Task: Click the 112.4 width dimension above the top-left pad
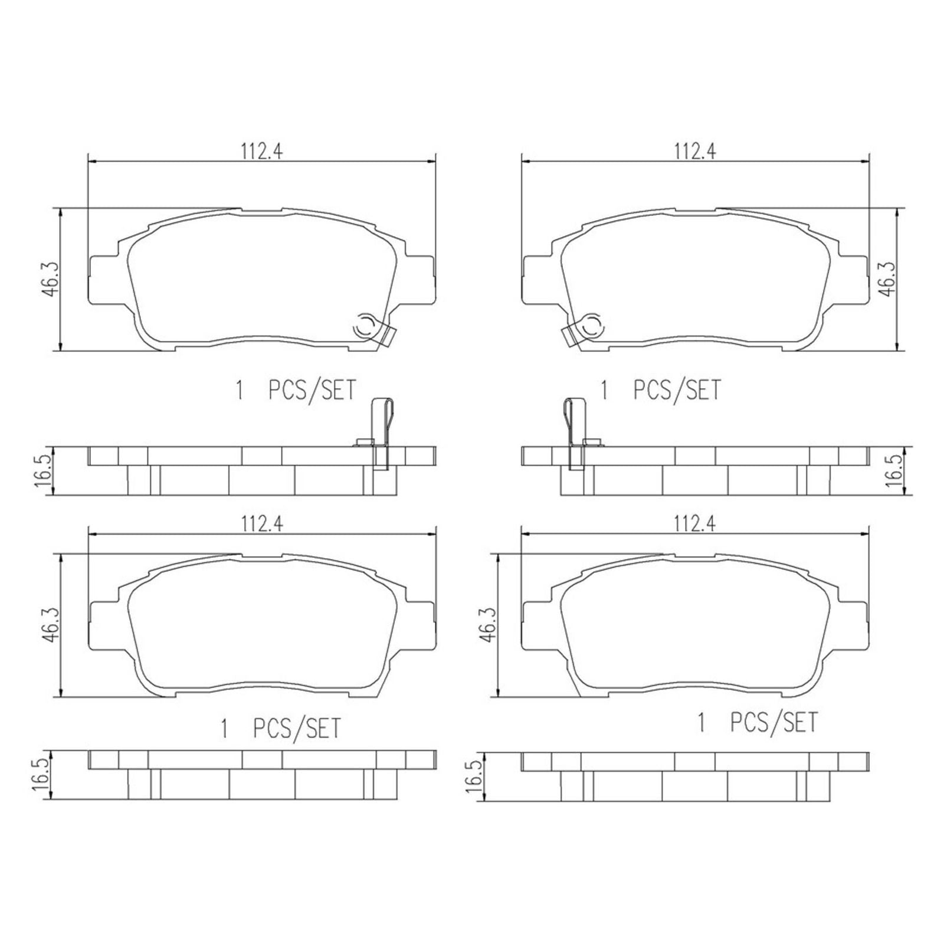coord(261,152)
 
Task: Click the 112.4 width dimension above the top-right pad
coord(695,152)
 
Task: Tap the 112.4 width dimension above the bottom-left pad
coord(261,525)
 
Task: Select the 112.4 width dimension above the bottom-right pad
coord(695,525)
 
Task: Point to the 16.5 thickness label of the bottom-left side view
coord(41,775)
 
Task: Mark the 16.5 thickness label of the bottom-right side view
coord(475,775)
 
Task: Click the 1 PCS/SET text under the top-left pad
coord(296,391)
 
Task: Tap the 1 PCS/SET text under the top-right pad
coord(661,391)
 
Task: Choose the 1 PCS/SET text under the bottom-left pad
coord(281,729)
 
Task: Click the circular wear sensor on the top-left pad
coord(365,326)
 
